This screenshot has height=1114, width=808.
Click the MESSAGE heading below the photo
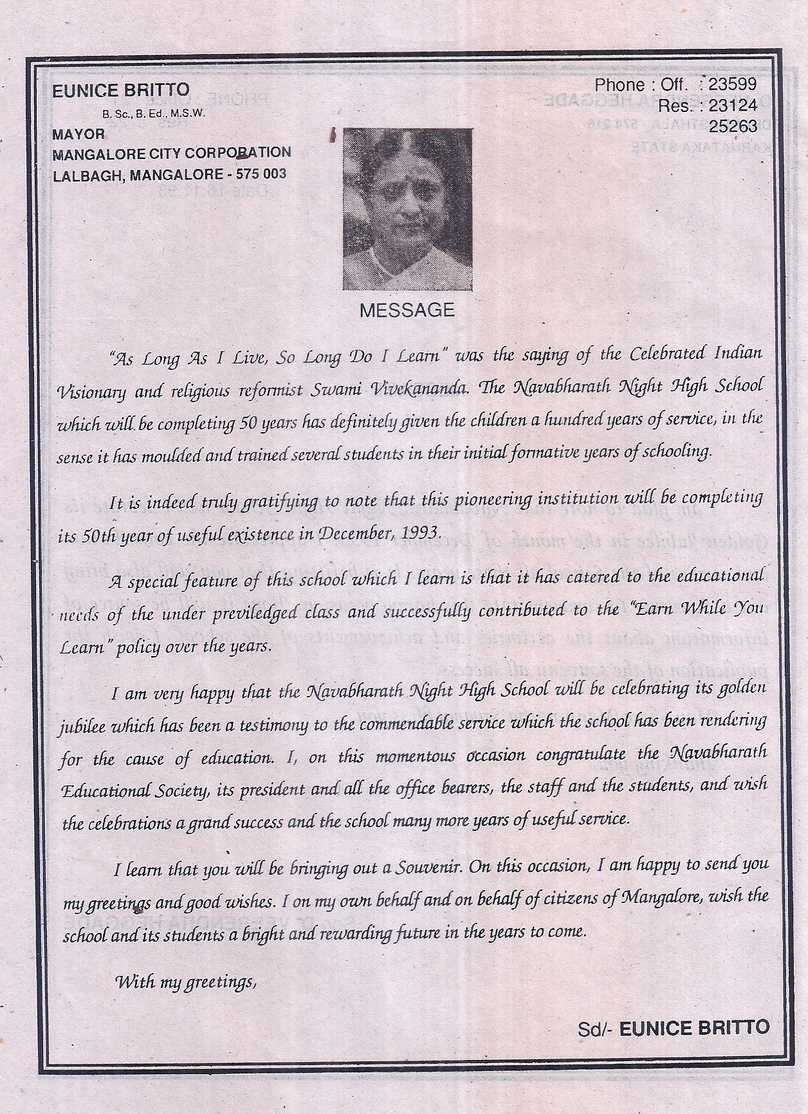(407, 311)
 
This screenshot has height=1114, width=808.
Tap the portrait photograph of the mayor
(407, 209)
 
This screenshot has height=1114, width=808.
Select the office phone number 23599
(732, 84)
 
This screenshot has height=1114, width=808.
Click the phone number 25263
(733, 126)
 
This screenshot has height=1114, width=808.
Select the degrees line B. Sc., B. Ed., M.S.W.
(153, 114)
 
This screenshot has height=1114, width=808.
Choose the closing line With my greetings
(185, 982)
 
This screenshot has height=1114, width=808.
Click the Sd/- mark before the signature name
(595, 1029)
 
